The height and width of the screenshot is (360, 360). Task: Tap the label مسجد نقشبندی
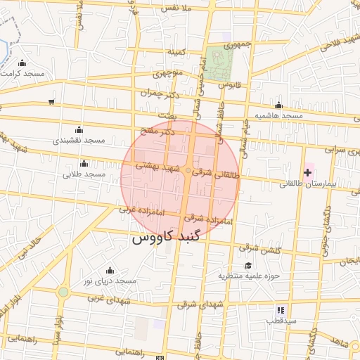[79, 140]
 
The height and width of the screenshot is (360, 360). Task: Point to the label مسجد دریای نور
[109, 281]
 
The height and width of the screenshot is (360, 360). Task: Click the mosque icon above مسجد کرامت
[22, 63]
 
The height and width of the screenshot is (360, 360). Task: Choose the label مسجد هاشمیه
[278, 115]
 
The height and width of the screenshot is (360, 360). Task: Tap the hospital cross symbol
[307, 172]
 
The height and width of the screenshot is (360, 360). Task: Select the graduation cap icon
[247, 265]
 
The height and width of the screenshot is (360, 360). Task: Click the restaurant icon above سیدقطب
[281, 309]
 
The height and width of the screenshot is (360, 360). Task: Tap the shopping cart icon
[51, 102]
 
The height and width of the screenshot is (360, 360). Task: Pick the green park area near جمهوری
[219, 64]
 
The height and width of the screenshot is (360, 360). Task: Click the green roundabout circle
[63, 291]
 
